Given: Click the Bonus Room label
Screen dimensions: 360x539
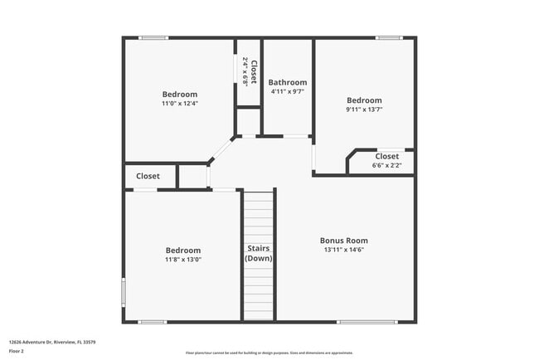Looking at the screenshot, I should pyautogui.click(x=343, y=241).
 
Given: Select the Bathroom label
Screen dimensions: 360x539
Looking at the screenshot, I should pyautogui.click(x=287, y=82).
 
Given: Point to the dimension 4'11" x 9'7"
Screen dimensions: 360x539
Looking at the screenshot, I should pyautogui.click(x=287, y=91).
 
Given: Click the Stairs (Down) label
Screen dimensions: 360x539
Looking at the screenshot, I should pyautogui.click(x=258, y=253).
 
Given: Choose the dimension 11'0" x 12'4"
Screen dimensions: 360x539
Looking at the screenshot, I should pyautogui.click(x=180, y=104).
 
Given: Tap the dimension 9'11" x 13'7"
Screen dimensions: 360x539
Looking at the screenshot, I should pyautogui.click(x=364, y=109).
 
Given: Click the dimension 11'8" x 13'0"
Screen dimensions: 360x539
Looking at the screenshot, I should pyautogui.click(x=182, y=259).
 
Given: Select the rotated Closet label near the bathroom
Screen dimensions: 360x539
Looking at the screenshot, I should pyautogui.click(x=254, y=72).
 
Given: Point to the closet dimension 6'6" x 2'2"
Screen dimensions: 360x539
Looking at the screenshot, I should pyautogui.click(x=386, y=165).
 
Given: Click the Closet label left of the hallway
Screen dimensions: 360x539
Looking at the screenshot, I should pyautogui.click(x=148, y=176).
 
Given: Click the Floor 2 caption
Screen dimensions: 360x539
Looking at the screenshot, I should pyautogui.click(x=17, y=351).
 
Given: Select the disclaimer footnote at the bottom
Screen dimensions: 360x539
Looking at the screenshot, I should pyautogui.click(x=269, y=352).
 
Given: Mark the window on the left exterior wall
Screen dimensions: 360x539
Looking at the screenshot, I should pyautogui.click(x=124, y=292).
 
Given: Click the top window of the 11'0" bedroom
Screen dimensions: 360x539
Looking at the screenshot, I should pyautogui.click(x=153, y=37).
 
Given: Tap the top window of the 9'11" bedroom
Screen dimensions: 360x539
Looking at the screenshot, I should pyautogui.click(x=388, y=37).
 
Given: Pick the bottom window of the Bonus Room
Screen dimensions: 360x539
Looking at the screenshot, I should pyautogui.click(x=367, y=322).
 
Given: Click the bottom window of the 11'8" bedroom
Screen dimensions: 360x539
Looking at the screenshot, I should pyautogui.click(x=153, y=322).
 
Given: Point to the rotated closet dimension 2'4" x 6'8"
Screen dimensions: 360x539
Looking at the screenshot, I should pyautogui.click(x=245, y=72).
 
